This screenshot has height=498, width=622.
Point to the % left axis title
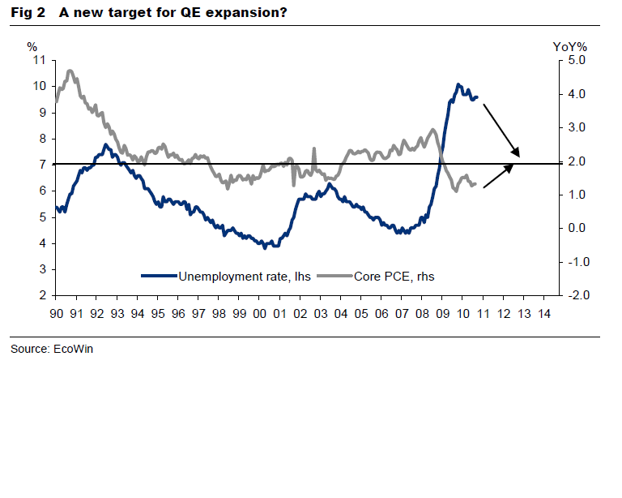click(32, 47)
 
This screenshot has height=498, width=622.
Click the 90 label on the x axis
click(57, 313)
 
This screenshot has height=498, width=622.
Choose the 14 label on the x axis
click(543, 313)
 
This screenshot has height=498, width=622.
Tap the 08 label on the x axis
click(422, 313)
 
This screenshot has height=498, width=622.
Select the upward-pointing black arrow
click(499, 176)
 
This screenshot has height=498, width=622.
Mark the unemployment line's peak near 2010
click(458, 84)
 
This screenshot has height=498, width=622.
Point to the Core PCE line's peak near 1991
click(70, 71)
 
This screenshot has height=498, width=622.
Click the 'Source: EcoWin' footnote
click(45, 350)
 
